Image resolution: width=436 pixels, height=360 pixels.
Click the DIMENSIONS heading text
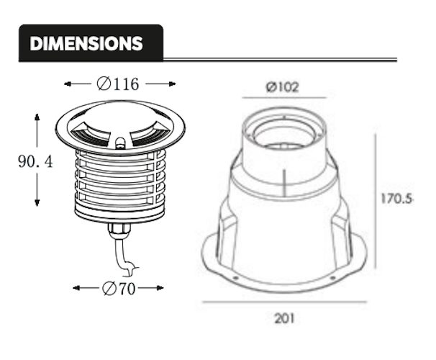pyautogui.click(x=86, y=43)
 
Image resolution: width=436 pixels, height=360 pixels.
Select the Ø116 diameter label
pyautogui.click(x=117, y=84)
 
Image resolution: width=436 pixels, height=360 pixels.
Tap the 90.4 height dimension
pyautogui.click(x=35, y=161)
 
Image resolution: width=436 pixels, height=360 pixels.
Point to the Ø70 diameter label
pyautogui.click(x=119, y=288)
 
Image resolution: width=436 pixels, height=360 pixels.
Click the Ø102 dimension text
pyautogui.click(x=283, y=87)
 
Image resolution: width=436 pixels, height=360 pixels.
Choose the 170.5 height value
pyautogui.click(x=396, y=199)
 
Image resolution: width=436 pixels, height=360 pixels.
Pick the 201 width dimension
pyautogui.click(x=284, y=318)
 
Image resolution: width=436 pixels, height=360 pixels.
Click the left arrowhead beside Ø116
pyautogui.click(x=68, y=84)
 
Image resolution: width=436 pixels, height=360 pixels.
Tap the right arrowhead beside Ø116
pyautogui.click(x=173, y=84)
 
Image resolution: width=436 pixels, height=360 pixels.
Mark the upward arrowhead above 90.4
pyautogui.click(x=37, y=117)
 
